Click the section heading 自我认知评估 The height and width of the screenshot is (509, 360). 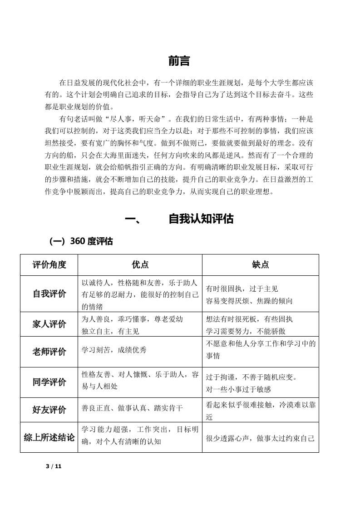201,219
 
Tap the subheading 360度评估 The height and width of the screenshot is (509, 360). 81,241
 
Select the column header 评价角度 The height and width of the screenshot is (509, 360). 49,264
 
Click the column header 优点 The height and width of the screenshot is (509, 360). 140,264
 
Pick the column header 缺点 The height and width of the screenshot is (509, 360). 260,264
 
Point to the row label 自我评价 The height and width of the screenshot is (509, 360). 49,294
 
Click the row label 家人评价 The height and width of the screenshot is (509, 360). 49,324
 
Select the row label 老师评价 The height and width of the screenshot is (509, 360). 49,352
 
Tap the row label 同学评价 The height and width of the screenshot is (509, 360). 49,382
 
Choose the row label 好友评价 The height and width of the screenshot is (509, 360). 49,410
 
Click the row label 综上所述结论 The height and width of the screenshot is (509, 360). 49,438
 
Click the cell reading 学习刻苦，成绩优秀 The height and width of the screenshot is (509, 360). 114,350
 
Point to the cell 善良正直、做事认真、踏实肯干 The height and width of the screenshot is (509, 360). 132,408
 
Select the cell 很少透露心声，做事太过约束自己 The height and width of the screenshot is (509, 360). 260,439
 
